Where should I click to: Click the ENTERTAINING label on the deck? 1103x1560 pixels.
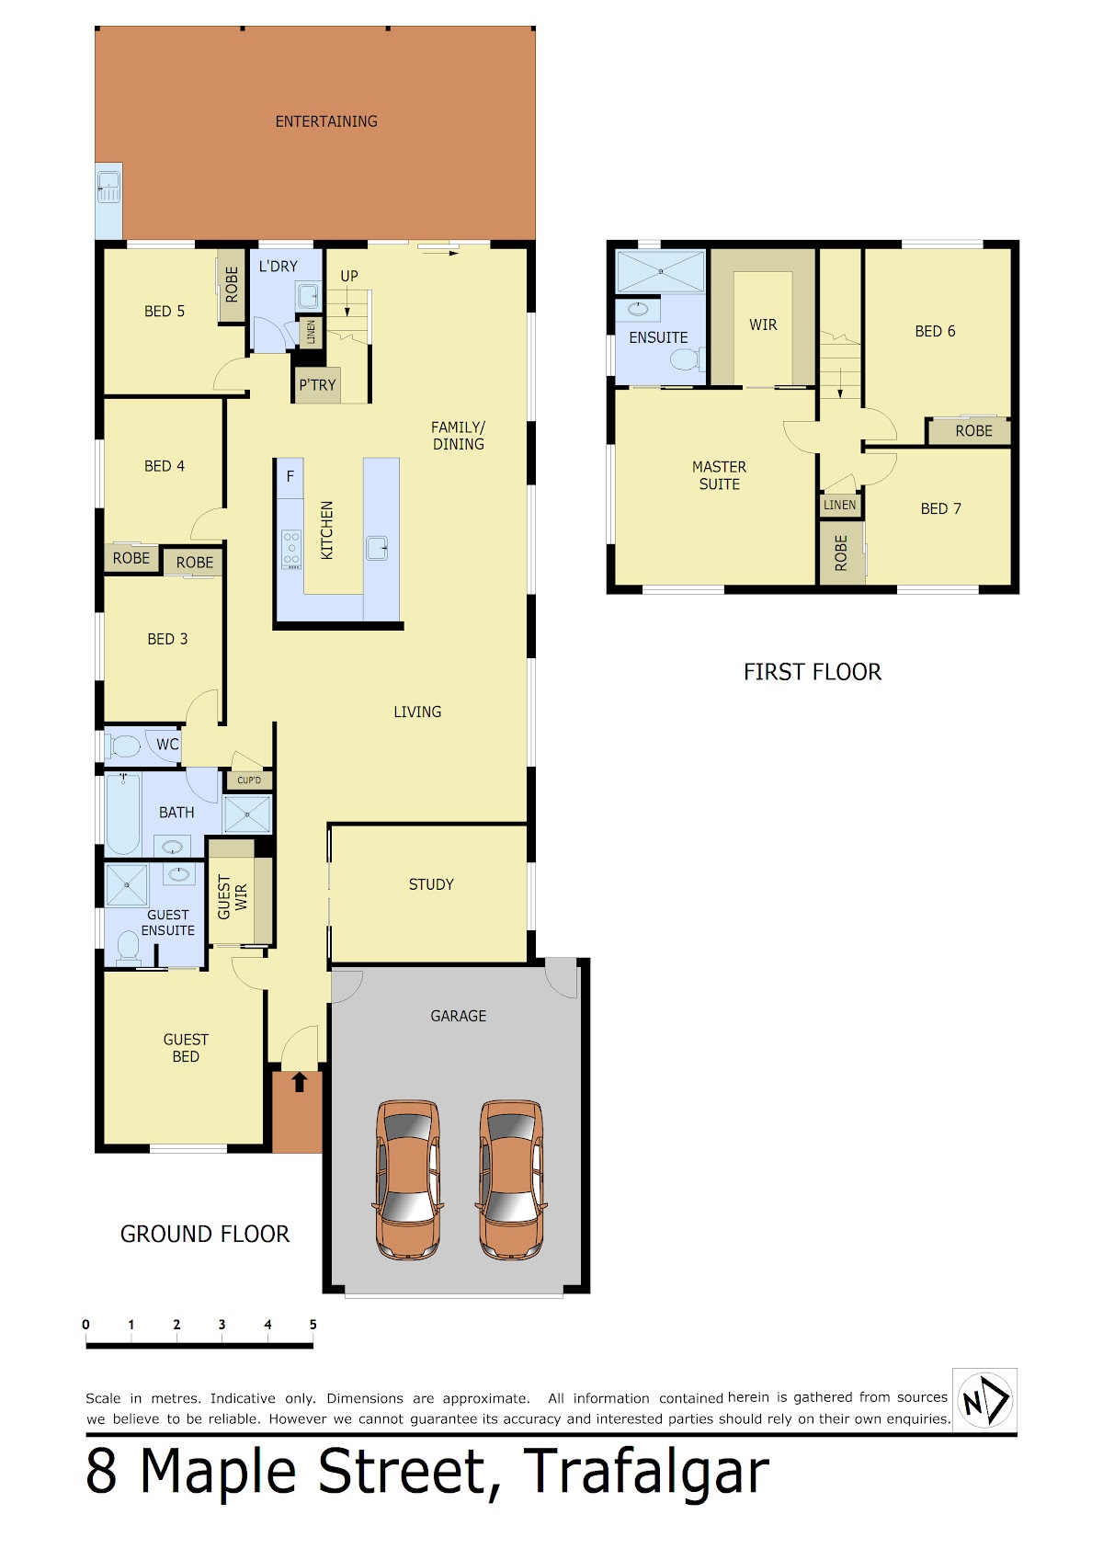pyautogui.click(x=326, y=121)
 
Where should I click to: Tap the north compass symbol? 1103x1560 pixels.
pyautogui.click(x=984, y=1400)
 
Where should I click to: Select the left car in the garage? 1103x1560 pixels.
pyautogui.click(x=408, y=1179)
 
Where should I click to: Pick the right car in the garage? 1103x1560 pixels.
pyautogui.click(x=512, y=1179)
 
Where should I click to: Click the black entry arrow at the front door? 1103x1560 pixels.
pyautogui.click(x=299, y=1082)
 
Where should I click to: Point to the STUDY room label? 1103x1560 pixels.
pyautogui.click(x=431, y=884)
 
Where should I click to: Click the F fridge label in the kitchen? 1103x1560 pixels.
pyautogui.click(x=290, y=476)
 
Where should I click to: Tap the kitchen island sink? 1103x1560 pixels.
pyautogui.click(x=378, y=548)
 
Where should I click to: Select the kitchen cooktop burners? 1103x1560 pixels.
pyautogui.click(x=291, y=548)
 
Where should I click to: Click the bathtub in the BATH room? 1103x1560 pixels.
pyautogui.click(x=123, y=814)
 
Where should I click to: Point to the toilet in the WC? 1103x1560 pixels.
pyautogui.click(x=122, y=746)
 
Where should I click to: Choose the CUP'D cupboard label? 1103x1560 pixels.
pyautogui.click(x=249, y=780)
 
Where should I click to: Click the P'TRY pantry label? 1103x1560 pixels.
pyautogui.click(x=317, y=384)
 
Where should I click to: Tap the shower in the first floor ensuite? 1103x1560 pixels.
pyautogui.click(x=660, y=271)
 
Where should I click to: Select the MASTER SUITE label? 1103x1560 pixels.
pyautogui.click(x=720, y=475)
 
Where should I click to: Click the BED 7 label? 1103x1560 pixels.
pyautogui.click(x=940, y=508)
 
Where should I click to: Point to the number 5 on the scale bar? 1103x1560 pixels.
pyautogui.click(x=313, y=1324)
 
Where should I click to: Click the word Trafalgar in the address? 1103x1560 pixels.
pyautogui.click(x=646, y=1473)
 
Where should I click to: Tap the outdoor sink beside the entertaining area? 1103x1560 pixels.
pyautogui.click(x=108, y=186)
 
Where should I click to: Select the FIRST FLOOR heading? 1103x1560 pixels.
pyautogui.click(x=812, y=671)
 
